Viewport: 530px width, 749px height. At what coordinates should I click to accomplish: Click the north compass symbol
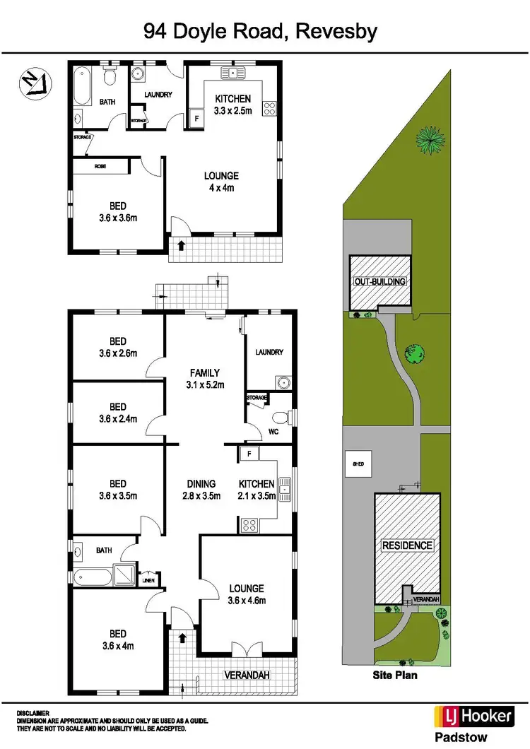click(32, 82)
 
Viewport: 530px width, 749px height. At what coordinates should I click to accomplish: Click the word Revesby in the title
click(337, 31)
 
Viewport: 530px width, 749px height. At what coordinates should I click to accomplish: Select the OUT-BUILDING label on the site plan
click(380, 281)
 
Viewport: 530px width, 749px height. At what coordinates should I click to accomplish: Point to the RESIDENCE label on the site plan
click(407, 545)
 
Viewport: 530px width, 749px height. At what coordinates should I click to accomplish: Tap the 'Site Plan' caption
click(395, 675)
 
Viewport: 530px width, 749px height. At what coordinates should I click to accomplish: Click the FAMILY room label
click(205, 373)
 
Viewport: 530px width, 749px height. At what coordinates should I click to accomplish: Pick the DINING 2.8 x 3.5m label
click(201, 489)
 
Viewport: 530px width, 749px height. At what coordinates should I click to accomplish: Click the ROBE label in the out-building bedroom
click(100, 166)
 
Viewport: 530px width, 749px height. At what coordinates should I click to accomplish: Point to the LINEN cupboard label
click(148, 580)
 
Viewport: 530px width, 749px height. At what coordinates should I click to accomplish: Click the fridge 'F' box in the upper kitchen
click(196, 119)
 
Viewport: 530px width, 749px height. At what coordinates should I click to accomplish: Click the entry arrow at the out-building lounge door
click(182, 245)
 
